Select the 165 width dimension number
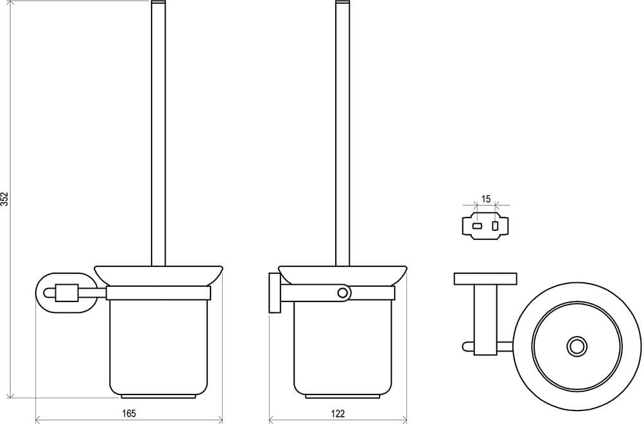pos(128,413)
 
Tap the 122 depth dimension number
pos(338,413)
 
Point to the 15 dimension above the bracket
pos(486,199)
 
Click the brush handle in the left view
pos(158,133)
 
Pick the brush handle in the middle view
pos(342,133)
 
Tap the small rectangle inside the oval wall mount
pos(65,293)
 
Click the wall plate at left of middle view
pos(274,293)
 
